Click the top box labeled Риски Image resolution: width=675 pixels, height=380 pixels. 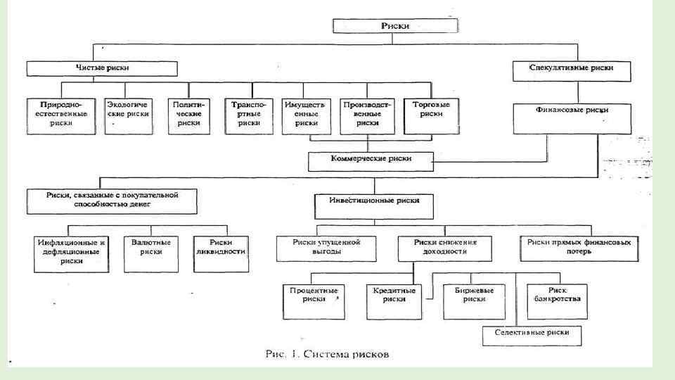pos(395,26)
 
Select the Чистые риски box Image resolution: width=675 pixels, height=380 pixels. pos(102,68)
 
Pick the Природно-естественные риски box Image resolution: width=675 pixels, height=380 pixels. pos(61,113)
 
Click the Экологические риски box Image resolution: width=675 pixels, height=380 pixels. pos(128,113)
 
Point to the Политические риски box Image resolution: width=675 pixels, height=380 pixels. pos(188,113)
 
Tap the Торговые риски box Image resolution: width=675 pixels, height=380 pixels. pos(427,113)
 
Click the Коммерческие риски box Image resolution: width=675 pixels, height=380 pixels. pos(371,160)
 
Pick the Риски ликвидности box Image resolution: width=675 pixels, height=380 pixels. pos(221,251)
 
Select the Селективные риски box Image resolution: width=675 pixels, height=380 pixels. pos(532,332)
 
